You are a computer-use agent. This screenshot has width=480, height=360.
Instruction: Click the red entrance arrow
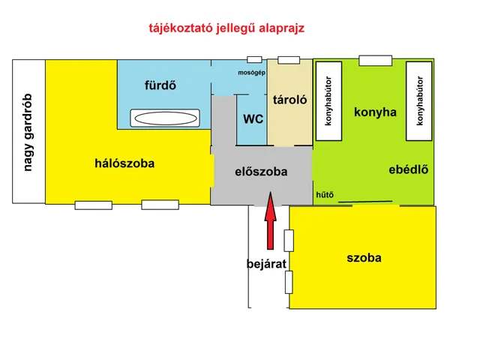[x=271, y=225]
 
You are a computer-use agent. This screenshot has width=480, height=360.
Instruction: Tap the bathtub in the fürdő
[x=165, y=118]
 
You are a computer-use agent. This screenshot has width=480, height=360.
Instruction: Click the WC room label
[x=253, y=119]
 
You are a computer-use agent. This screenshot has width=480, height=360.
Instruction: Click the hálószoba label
[x=124, y=163]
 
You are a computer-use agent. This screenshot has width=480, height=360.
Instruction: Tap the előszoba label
[x=261, y=172]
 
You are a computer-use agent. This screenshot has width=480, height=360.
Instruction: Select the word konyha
[x=375, y=112]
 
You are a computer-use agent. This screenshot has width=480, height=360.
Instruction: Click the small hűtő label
[x=325, y=195]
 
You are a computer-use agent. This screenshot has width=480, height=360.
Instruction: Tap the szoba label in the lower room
[x=364, y=258]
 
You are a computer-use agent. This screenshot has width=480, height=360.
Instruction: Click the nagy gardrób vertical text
[x=28, y=132]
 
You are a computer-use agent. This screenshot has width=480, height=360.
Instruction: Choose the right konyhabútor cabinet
[x=420, y=100]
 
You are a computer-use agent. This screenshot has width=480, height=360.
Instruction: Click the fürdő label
[x=160, y=85]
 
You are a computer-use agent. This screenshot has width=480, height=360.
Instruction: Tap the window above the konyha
[x=375, y=60]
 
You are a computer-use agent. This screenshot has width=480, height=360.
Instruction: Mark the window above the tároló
[x=289, y=60]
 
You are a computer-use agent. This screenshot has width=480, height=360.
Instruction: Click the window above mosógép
[x=254, y=59]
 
